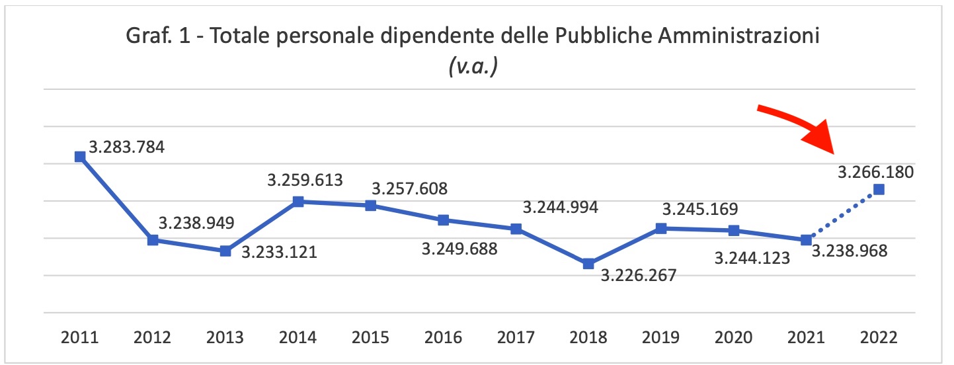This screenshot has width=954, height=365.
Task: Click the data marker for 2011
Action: tap(80, 157)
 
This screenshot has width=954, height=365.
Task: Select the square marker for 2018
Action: tap(588, 264)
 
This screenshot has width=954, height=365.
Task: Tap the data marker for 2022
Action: tap(879, 190)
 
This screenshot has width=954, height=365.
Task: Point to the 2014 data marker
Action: tap(298, 202)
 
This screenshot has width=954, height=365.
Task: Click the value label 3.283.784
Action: tap(126, 147)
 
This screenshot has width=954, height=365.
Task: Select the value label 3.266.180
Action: tap(875, 173)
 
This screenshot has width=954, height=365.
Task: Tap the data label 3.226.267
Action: tap(638, 275)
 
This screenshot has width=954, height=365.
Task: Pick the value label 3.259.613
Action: tap(305, 180)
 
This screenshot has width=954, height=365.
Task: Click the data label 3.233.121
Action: tap(278, 252)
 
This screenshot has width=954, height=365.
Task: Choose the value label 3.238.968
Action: tap(849, 251)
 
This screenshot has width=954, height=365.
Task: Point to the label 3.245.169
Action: tap(700, 210)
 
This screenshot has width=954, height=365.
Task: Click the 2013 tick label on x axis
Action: tap(225, 337)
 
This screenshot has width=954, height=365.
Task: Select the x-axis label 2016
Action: tap(443, 337)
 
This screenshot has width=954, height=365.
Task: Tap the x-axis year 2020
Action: tap(733, 337)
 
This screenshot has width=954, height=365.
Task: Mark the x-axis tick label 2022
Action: tap(879, 337)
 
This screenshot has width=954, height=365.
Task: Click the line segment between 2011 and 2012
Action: tap(116, 198)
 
